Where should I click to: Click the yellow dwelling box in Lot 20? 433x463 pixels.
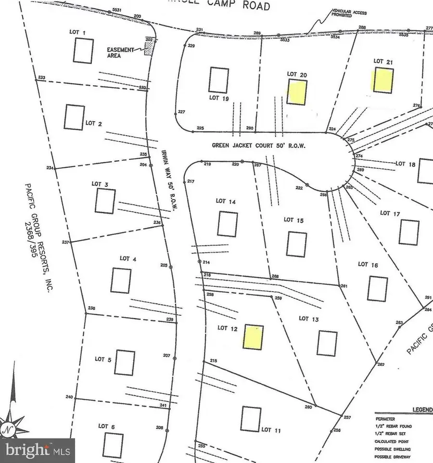(297, 92)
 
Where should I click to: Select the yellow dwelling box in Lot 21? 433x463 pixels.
(383, 80)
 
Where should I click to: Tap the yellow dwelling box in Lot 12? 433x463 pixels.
(254, 337)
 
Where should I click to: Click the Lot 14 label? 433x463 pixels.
(225, 201)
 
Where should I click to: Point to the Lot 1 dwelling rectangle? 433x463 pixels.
(83, 50)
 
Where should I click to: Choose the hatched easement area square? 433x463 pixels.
(149, 47)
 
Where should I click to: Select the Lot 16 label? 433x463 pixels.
(368, 264)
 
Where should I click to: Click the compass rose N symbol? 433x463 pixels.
(8, 427)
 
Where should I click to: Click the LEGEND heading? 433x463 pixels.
(421, 410)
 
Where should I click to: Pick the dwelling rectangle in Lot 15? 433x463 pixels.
(296, 244)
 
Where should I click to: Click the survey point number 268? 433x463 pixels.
(275, 276)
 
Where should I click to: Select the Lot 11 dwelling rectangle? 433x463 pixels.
(251, 419)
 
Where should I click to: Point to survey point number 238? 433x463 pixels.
(92, 309)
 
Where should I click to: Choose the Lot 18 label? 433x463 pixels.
(405, 164)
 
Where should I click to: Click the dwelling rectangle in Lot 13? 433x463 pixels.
(327, 343)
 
